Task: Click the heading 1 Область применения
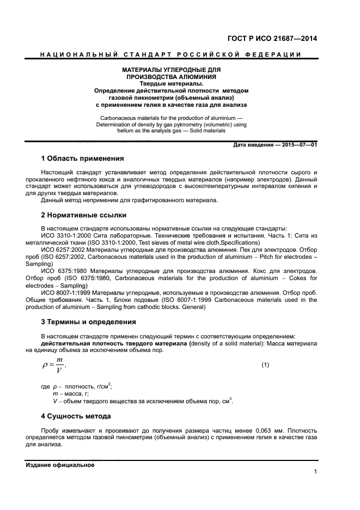(82, 159)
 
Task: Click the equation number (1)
(265, 364)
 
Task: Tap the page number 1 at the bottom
(315, 472)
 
